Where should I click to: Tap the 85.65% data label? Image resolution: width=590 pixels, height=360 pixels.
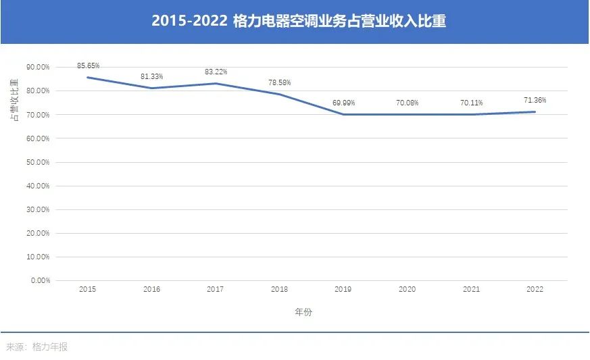coord(89,66)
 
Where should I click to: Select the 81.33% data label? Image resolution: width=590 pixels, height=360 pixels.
coord(151,76)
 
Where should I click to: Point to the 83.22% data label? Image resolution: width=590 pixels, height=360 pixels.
coord(216,72)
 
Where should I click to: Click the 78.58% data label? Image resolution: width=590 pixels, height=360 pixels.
coord(279,82)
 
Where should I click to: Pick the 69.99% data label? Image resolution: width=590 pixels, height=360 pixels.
coord(343,103)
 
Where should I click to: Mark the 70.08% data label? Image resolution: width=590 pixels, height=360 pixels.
coord(407,103)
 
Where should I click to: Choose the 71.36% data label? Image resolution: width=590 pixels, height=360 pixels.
coord(535,100)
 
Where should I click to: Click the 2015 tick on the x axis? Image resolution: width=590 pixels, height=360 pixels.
coord(87,289)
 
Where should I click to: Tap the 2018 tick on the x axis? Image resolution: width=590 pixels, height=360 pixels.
coord(279,289)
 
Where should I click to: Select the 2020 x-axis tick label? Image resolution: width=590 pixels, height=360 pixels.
coord(407,289)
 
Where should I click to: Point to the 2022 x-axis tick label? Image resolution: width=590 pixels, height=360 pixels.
coord(535,289)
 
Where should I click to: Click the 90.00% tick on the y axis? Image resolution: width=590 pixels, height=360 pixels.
coord(38,68)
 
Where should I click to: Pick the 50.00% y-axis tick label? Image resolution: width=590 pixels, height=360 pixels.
coord(38,162)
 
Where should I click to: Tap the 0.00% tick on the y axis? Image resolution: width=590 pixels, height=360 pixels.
coord(40,280)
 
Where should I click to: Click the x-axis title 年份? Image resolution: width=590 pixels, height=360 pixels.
coord(303,312)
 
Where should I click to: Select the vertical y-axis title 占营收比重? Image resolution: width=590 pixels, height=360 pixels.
coord(14,100)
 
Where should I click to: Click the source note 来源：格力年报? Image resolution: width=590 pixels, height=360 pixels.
coord(37,347)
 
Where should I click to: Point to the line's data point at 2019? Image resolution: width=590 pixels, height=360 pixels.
coord(343,114)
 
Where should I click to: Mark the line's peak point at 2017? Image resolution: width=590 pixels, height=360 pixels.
coord(216,83)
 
